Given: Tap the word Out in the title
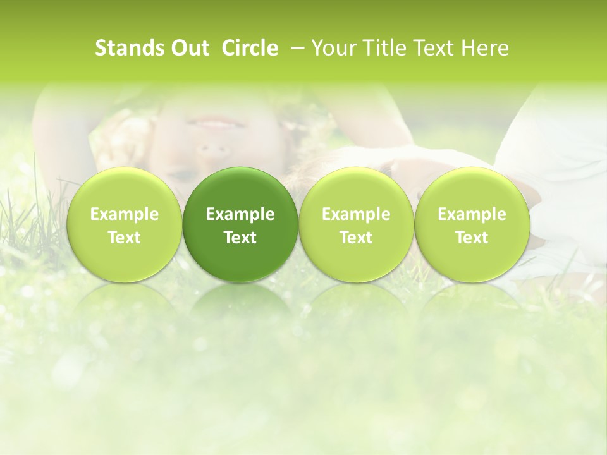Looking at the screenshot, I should (188, 48).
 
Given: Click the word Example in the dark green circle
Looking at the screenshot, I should (240, 214).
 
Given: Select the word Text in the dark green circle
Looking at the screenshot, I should (240, 238).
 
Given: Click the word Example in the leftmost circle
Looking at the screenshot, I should (125, 214).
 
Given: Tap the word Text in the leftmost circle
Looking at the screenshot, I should (125, 238).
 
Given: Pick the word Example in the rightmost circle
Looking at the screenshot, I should (472, 214).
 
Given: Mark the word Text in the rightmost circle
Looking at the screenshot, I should (472, 238).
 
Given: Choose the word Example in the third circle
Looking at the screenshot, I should (356, 214).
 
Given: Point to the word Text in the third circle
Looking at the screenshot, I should (356, 238).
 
